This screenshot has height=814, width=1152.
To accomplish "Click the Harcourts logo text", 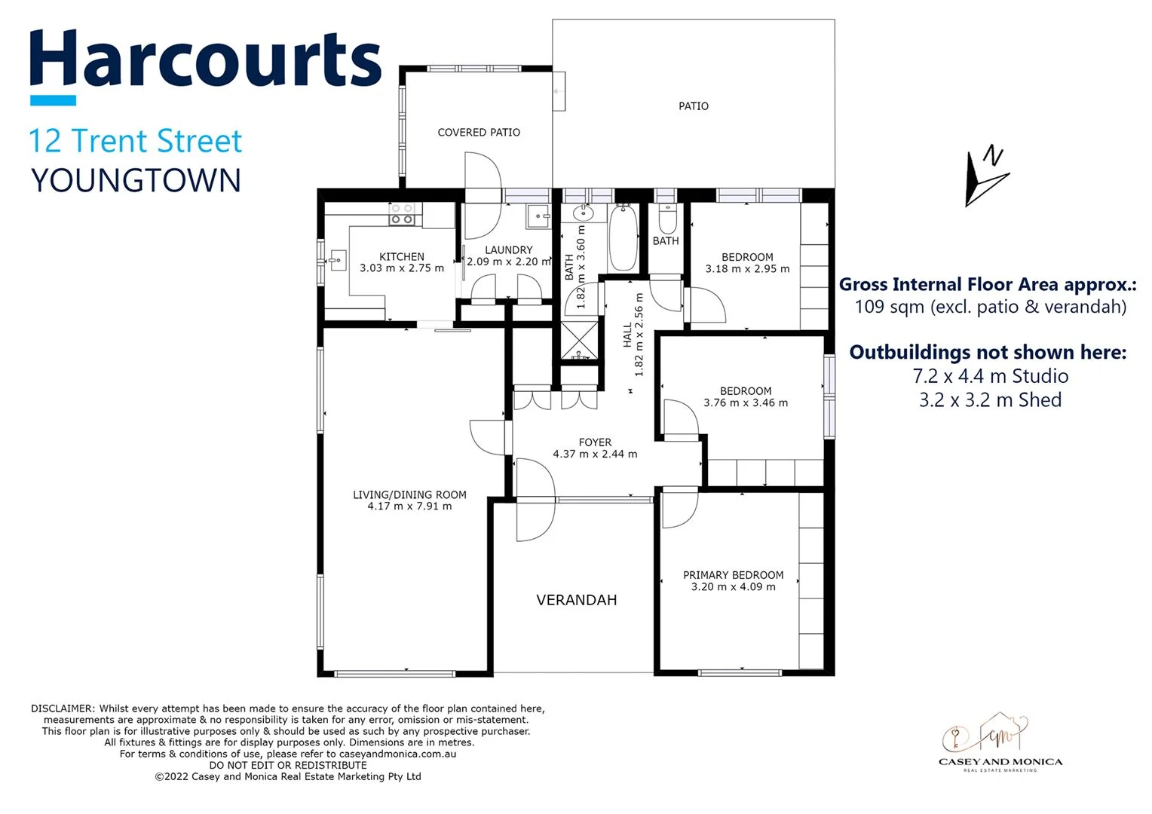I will click(205, 60).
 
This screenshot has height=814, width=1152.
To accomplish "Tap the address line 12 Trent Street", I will click(136, 141).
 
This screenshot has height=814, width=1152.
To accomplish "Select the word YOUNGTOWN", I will click(136, 181).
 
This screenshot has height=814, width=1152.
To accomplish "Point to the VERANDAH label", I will click(577, 600).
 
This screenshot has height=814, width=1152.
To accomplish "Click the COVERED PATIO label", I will click(479, 133).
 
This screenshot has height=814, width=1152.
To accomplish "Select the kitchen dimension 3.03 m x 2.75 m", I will click(402, 268).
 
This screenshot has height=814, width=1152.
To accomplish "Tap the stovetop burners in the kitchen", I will click(401, 214).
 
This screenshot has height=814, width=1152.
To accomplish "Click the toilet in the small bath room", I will click(667, 219).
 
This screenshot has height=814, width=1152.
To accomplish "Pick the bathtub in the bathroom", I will click(623, 237).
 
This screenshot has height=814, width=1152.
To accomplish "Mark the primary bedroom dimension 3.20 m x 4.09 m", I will click(733, 587).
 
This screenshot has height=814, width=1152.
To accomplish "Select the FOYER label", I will click(595, 442).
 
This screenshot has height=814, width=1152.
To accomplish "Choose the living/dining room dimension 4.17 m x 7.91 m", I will click(409, 506).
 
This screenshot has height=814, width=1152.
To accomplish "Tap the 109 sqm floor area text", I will click(990, 307).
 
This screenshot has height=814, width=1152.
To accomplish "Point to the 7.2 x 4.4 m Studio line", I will click(990, 376).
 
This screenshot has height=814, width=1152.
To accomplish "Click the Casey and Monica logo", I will click(1000, 742).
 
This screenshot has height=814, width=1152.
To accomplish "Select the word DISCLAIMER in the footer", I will click(63, 708).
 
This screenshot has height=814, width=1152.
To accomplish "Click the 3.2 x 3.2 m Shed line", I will click(990, 400).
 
